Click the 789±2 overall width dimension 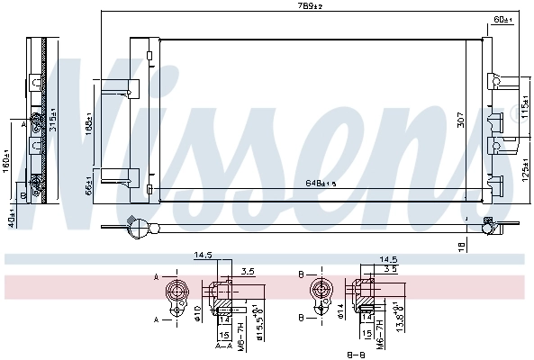click(x=311, y=6)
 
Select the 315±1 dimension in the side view click(x=52, y=119)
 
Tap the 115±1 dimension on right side click(x=524, y=116)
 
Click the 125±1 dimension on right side click(x=524, y=168)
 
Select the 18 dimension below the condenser click(x=461, y=244)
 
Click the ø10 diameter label click(x=197, y=313)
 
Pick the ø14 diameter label click(x=341, y=313)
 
